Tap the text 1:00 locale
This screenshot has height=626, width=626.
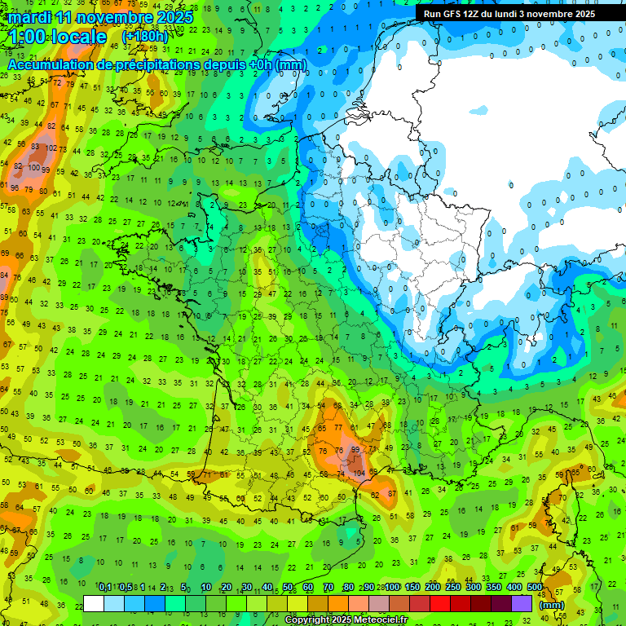click(57, 37)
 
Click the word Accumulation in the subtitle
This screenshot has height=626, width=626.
click(51, 64)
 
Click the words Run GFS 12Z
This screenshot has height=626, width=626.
click(452, 14)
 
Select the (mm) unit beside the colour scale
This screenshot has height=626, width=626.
click(552, 605)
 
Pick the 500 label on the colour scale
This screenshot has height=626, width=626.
click(535, 588)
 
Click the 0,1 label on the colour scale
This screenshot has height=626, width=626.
click(105, 588)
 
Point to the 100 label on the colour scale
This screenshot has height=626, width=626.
click(392, 588)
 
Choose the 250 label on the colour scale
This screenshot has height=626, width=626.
click(453, 588)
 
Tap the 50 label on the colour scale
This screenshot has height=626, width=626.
click(288, 588)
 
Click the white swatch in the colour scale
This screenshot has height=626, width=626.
click(94, 604)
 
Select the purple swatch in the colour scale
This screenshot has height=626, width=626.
click(522, 604)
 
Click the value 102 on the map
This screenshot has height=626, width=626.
click(51, 148)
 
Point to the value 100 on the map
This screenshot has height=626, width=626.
click(33, 167)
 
